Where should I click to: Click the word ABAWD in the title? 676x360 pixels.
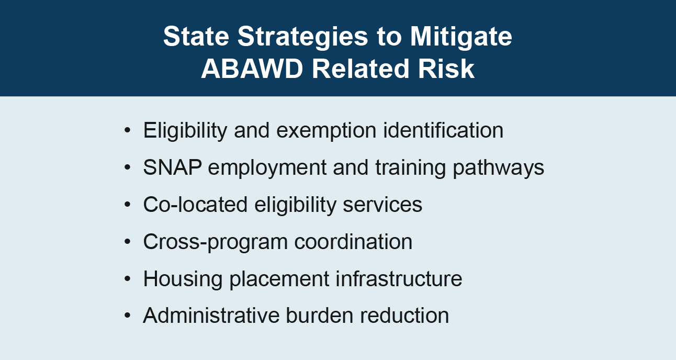click(x=252, y=69)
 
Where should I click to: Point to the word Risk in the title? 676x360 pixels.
click(x=446, y=69)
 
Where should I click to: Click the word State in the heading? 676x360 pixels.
click(x=196, y=36)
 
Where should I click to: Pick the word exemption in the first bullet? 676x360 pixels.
click(x=326, y=131)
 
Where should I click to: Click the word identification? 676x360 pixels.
click(x=443, y=130)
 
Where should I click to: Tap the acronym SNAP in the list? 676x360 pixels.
click(x=172, y=167)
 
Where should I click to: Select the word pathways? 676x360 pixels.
click(x=498, y=168)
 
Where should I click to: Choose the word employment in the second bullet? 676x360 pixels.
click(x=267, y=168)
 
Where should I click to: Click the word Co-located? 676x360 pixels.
click(x=195, y=204)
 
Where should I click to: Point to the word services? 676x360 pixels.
click(x=382, y=205)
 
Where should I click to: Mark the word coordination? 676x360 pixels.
click(x=353, y=242)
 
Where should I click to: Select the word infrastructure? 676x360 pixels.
click(x=399, y=278)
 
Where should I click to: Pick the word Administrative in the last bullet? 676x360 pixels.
click(x=211, y=316)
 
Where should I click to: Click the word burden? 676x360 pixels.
click(x=320, y=316)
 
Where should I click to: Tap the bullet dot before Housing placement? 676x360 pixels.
click(x=127, y=278)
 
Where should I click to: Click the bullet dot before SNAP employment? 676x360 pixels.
click(x=127, y=167)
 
